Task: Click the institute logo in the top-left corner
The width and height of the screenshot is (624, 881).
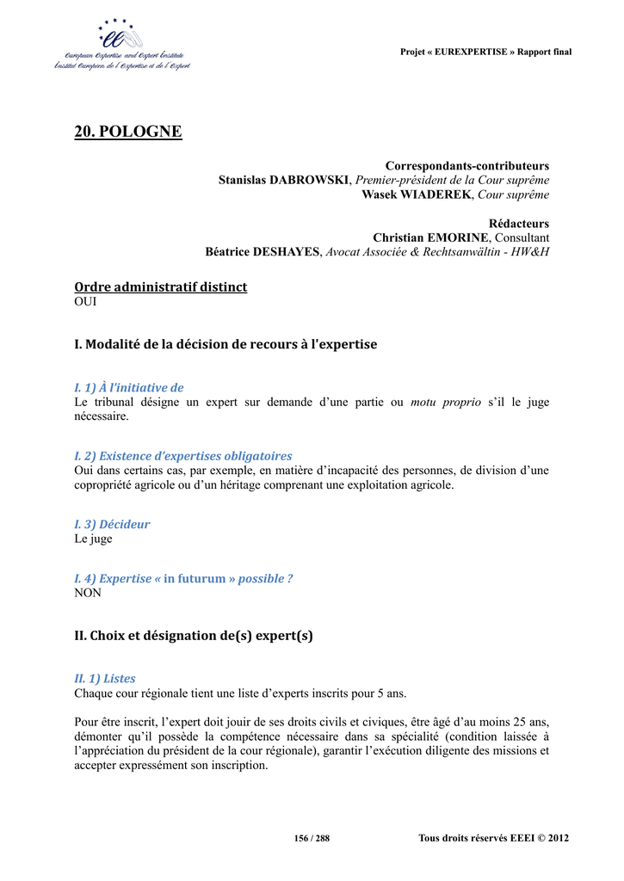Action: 121,45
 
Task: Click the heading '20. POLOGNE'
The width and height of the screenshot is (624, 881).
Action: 128,132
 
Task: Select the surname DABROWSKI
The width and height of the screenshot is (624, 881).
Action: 310,180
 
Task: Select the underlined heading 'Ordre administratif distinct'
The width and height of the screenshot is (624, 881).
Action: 161,286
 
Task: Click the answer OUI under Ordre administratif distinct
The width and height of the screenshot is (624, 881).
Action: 86,301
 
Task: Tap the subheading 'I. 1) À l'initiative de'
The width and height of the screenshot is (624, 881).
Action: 129,388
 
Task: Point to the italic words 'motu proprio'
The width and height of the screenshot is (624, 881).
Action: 446,402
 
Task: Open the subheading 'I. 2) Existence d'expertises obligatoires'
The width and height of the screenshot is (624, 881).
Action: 183,456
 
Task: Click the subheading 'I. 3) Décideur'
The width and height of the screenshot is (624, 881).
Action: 112,524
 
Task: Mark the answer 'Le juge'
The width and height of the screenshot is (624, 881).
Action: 93,539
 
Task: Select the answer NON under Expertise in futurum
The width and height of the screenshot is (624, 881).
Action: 88,593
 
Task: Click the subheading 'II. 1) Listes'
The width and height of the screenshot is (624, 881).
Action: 105,679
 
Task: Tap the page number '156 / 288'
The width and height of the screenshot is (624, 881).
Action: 312,838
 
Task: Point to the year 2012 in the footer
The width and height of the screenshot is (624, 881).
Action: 558,838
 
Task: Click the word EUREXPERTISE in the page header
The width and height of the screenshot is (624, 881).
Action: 472,52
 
